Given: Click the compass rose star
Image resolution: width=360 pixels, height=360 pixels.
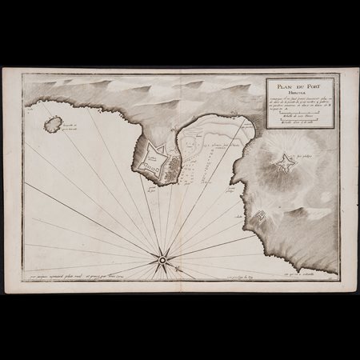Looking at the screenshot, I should (162, 259).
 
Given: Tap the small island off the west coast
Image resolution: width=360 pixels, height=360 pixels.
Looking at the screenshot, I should (54, 123).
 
